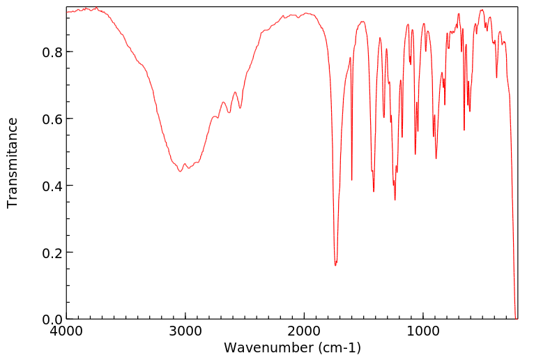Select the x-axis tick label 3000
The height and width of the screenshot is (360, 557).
coord(185,333)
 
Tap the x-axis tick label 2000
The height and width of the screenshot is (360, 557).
coord(305,333)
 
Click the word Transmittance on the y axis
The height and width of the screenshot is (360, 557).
coord(13,163)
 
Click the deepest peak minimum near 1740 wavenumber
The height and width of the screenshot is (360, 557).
coord(335,265)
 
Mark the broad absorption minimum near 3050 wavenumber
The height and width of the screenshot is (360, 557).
coord(180,171)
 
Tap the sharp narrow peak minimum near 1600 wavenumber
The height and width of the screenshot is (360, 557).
coord(352,180)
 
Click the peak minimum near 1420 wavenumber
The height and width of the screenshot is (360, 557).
coord(374,191)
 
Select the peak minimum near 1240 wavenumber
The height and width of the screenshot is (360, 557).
coord(395,200)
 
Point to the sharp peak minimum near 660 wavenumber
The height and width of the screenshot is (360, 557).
coord(464,130)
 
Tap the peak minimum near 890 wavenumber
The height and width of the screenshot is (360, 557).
coord(436,158)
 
